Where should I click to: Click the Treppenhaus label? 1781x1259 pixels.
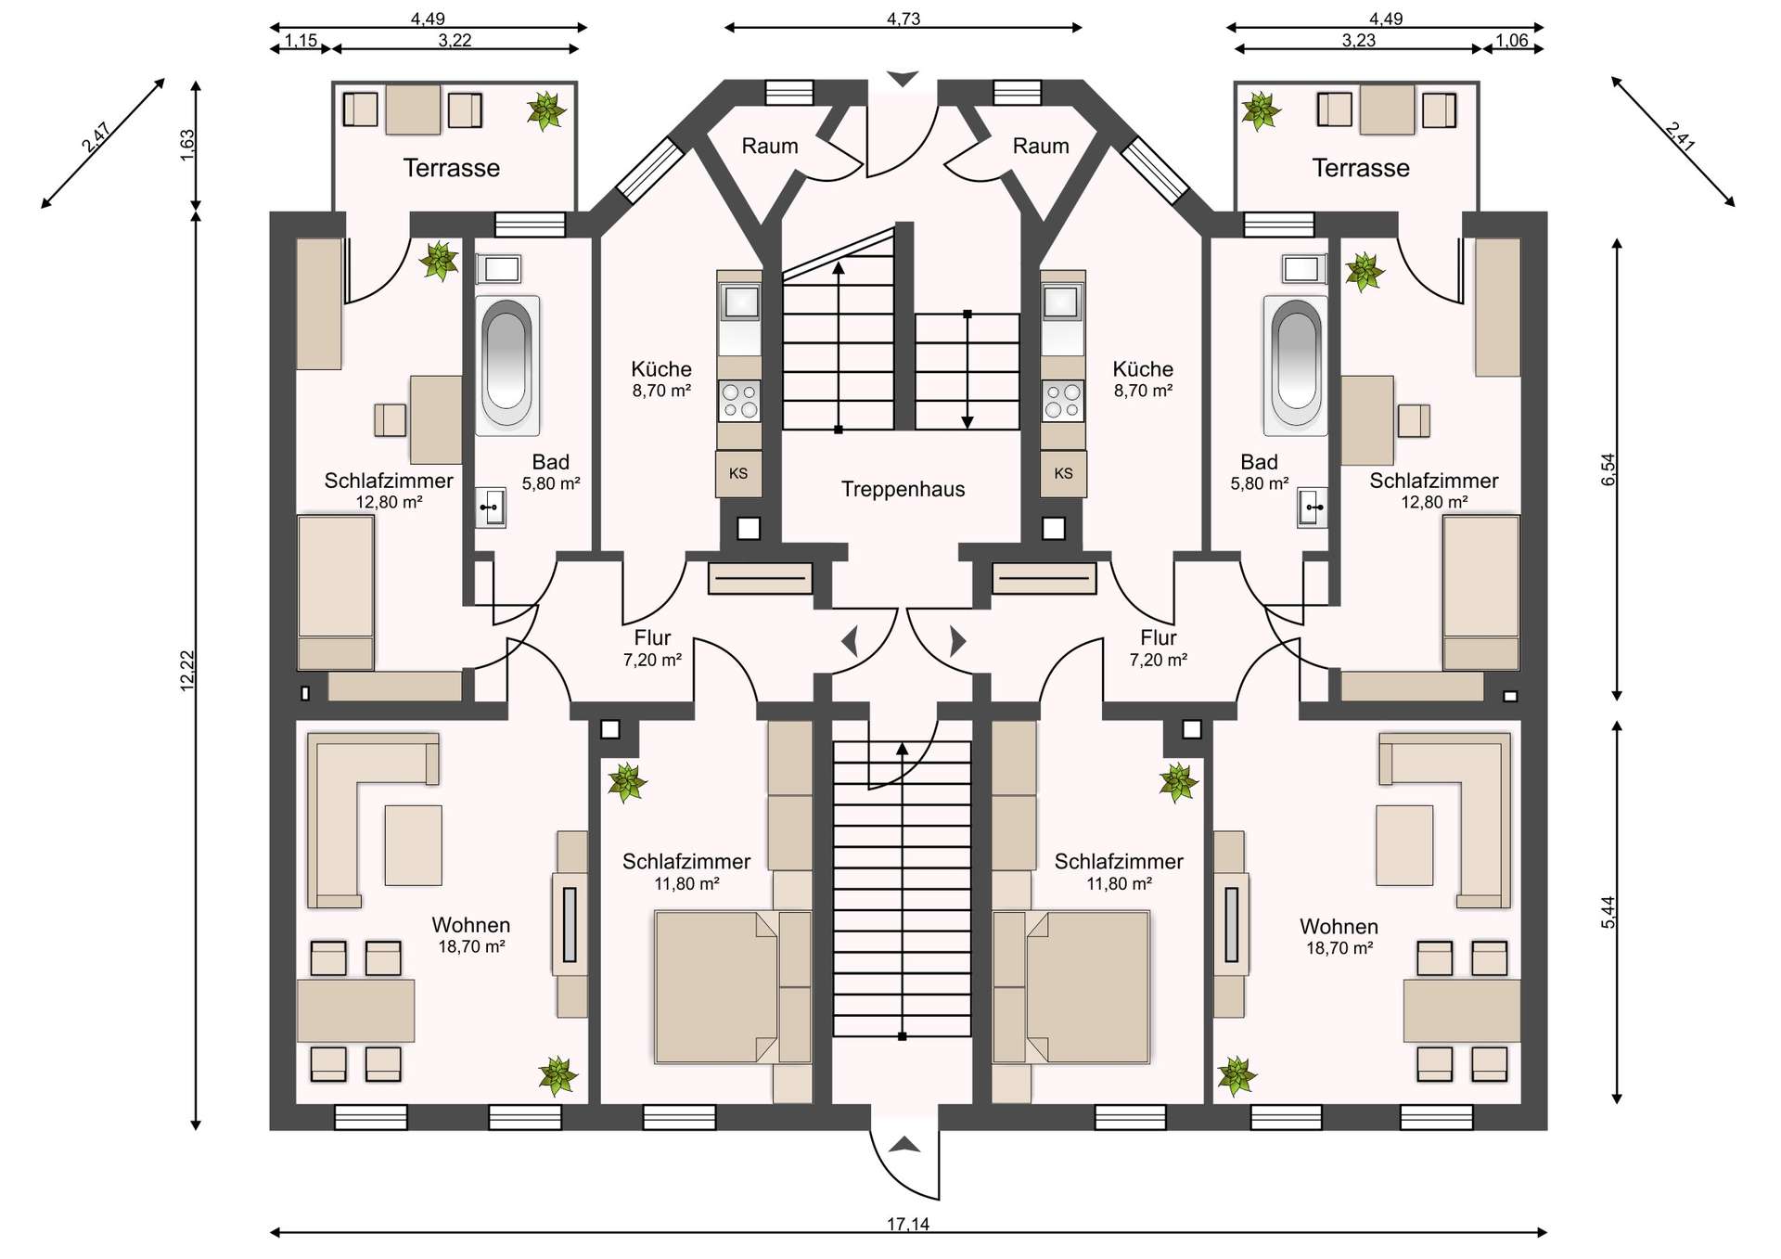coord(903,489)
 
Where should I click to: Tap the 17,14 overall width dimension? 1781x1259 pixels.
coord(907,1224)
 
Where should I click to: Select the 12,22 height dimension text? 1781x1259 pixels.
coord(187,670)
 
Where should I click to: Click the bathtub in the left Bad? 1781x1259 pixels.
coord(507,365)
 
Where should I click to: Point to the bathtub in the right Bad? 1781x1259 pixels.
coord(1296,365)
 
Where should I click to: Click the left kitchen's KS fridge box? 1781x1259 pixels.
coord(738,473)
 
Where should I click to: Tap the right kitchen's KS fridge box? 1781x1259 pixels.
coord(1063,473)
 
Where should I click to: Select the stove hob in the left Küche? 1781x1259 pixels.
coord(739,401)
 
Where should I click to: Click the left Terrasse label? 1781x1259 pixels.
coord(451,168)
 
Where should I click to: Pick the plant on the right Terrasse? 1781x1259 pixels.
coord(1261,111)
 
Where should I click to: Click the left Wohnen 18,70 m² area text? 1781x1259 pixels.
coord(471,946)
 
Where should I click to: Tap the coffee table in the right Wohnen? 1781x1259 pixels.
coord(1404,845)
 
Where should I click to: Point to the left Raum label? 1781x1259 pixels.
coord(770,146)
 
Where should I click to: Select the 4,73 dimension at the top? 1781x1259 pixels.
coord(903,19)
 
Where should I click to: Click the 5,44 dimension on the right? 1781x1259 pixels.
coord(1608,911)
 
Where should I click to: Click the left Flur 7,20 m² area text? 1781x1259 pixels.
coord(652,660)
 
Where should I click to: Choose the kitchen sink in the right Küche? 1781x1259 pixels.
coord(1063,302)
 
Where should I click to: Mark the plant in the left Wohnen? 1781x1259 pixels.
coord(558,1076)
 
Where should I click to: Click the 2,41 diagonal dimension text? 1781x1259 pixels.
coord(1680,136)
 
